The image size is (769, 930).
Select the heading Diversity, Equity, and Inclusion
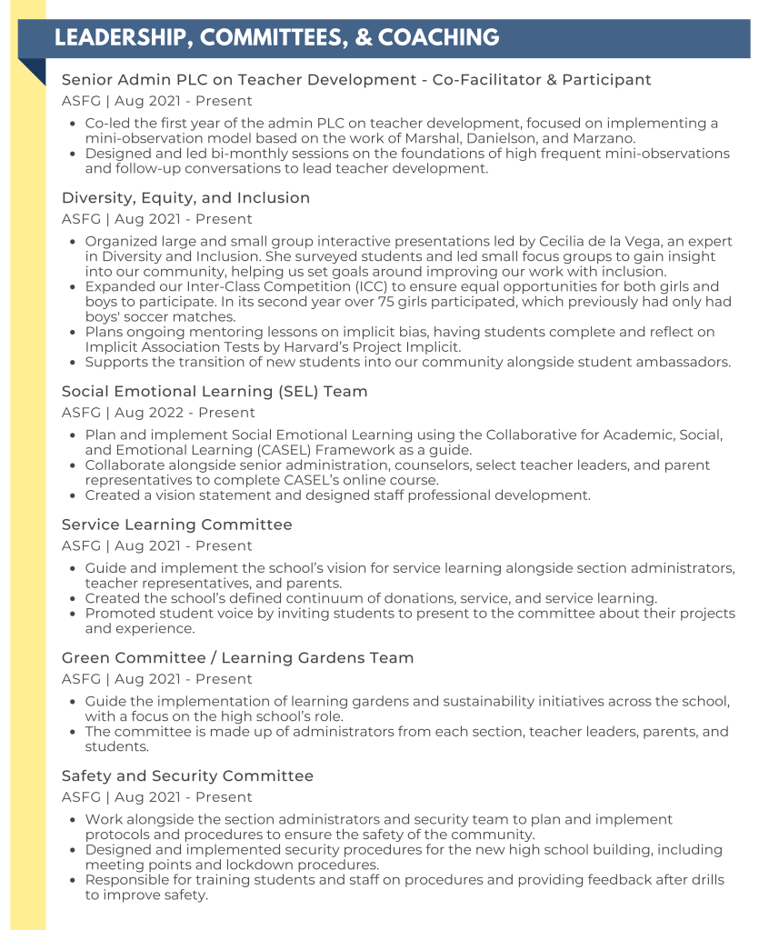point(185,197)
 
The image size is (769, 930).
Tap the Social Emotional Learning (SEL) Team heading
point(215,391)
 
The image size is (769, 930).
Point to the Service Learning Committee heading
point(176,525)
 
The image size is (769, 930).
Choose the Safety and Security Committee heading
point(187,775)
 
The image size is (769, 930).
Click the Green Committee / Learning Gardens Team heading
point(237,657)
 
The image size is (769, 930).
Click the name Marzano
point(604,138)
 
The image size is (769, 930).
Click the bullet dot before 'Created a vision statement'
point(74,495)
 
